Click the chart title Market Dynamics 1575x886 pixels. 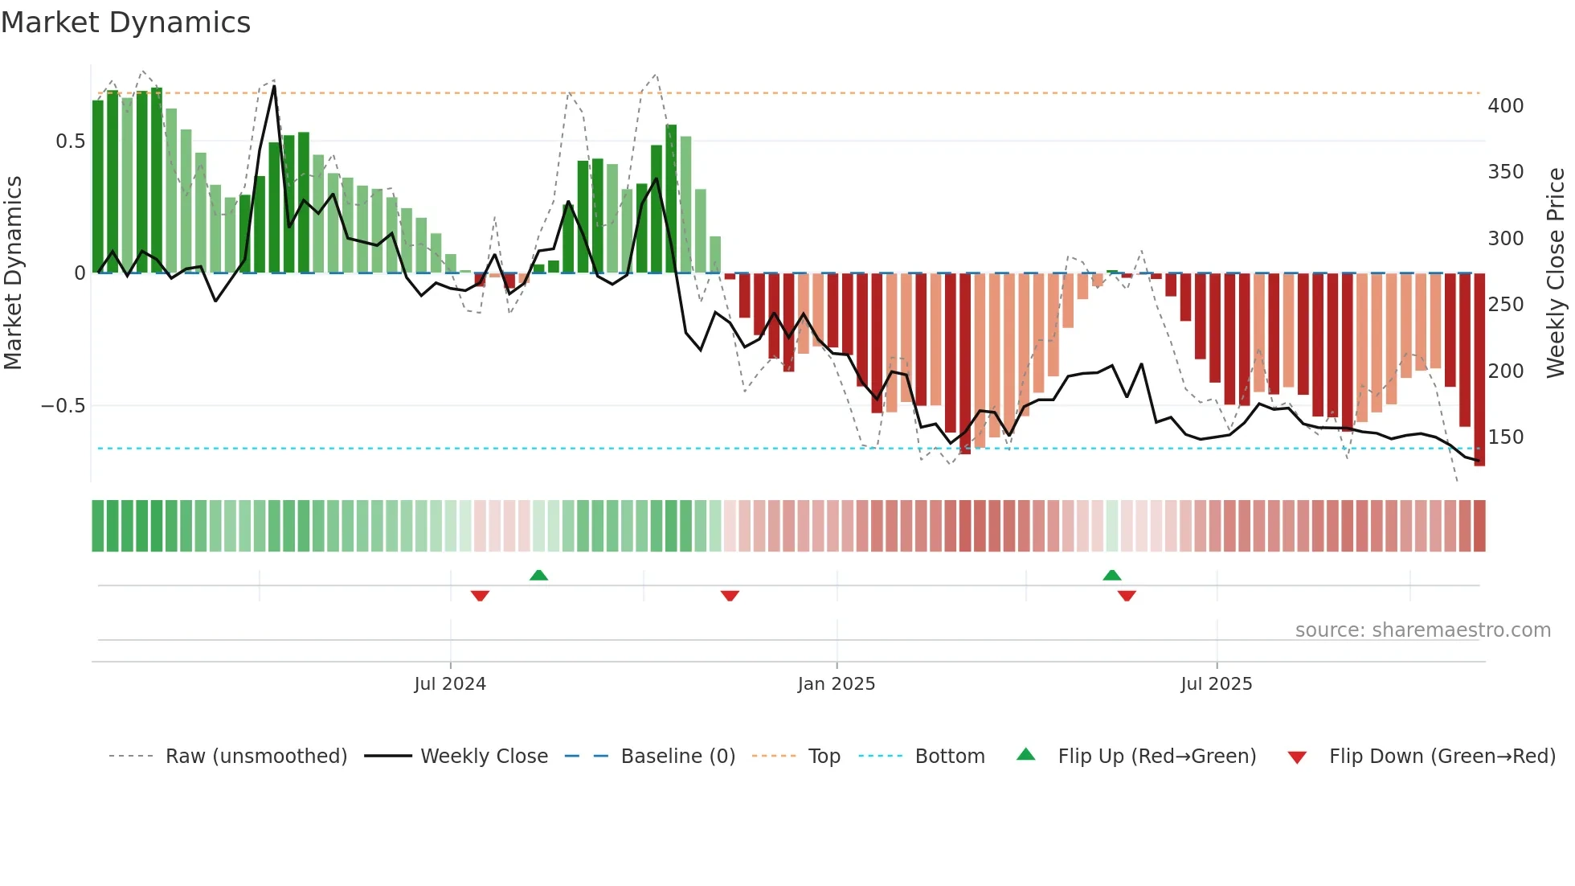coord(126,23)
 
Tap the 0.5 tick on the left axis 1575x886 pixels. coord(70,142)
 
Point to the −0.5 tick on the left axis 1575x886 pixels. coord(63,406)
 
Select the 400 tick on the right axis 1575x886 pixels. coord(1505,106)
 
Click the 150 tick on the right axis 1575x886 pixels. coord(1505,437)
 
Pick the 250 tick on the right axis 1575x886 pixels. coord(1505,305)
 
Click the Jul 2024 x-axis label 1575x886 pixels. coord(450,684)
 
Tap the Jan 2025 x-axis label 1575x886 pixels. coord(837,684)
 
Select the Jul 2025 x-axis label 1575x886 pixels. coord(1217,684)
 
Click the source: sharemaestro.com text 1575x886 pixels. coord(1422,630)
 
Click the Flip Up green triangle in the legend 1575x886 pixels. coord(1026,755)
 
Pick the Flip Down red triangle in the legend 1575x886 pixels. coord(1297,757)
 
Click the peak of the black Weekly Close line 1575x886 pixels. coord(274,86)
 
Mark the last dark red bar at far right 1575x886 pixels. coord(1479,370)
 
